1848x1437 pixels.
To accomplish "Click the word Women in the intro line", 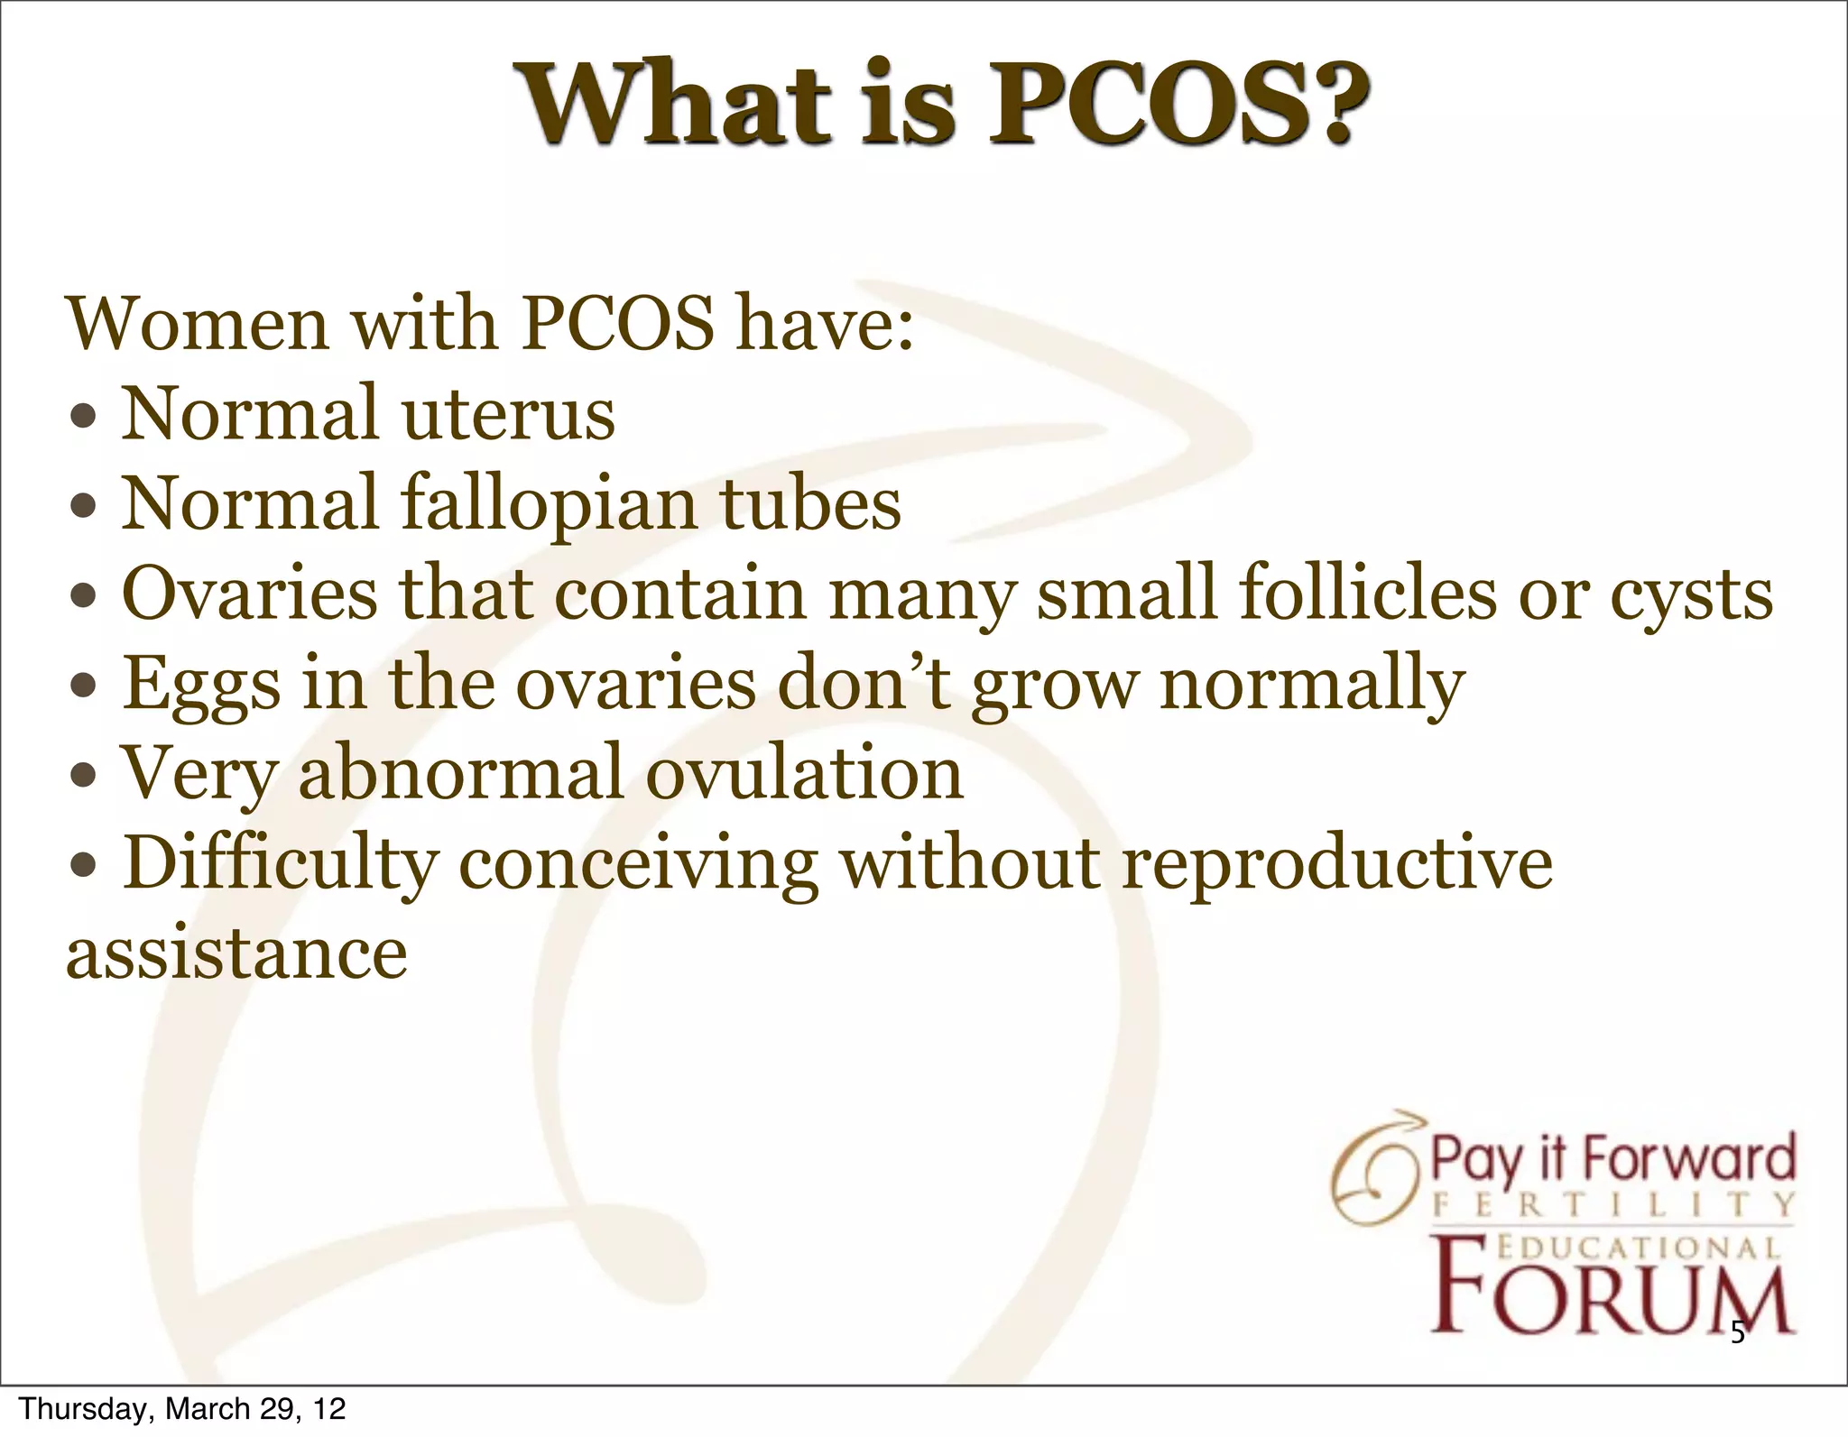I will click(x=198, y=324).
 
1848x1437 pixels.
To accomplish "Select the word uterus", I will click(x=508, y=414).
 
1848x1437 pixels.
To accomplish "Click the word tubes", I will click(x=809, y=503).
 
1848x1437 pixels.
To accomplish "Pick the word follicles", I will click(x=1367, y=593).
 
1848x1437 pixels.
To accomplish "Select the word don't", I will click(x=864, y=683).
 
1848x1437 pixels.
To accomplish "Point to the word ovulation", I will click(x=805, y=773).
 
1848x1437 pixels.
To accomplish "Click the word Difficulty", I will click(x=280, y=864).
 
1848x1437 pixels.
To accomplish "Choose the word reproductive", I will click(x=1336, y=864).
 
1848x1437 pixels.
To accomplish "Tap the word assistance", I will click(x=236, y=953).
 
